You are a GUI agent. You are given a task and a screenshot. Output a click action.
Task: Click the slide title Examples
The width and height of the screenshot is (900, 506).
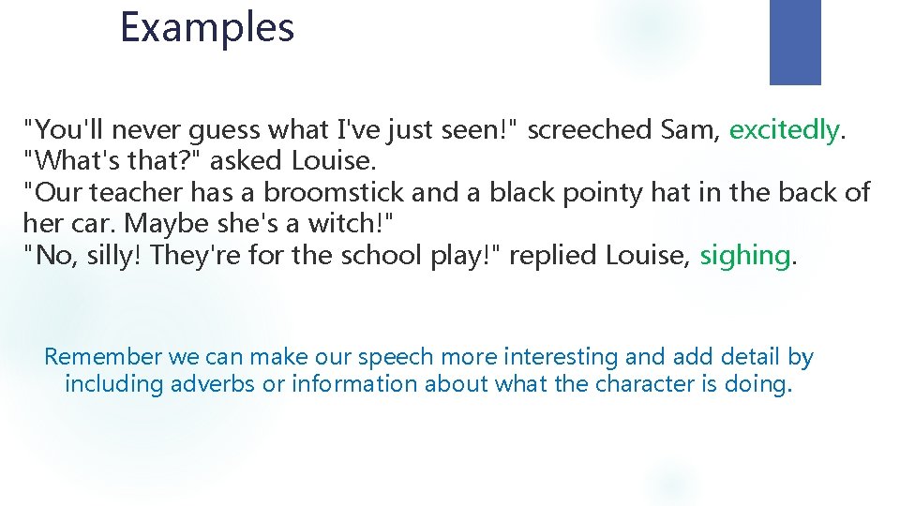point(207,27)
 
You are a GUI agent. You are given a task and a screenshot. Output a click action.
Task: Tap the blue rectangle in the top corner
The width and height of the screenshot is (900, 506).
point(795,42)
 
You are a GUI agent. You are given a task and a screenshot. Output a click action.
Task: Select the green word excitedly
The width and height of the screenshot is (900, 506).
point(784,130)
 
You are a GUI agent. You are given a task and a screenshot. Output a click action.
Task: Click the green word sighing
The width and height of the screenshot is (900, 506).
point(745,255)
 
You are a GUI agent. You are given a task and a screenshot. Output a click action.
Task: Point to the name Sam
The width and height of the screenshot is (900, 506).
point(690,130)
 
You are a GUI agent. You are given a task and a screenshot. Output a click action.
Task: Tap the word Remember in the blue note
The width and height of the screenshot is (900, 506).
point(103,357)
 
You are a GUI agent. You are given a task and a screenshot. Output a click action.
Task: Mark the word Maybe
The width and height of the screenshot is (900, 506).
point(168,224)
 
